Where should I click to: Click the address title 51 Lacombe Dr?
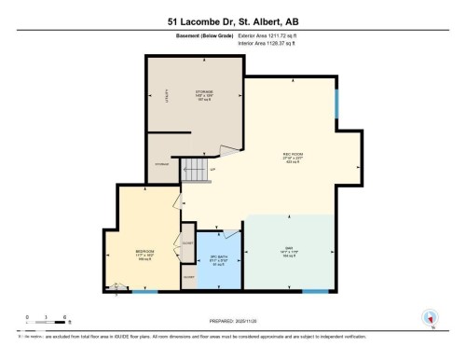point(232,21)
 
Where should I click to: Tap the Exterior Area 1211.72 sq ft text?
point(274,35)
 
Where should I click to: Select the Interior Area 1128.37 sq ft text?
point(273,42)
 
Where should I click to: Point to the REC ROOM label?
point(293,157)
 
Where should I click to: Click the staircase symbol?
point(192,169)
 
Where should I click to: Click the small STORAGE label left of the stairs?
point(162,164)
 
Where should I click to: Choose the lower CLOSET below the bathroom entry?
point(188,278)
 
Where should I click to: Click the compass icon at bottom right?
point(430,317)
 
